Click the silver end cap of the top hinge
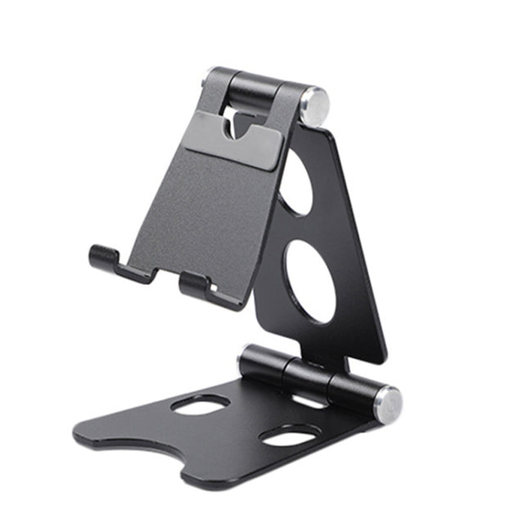pos(314,104)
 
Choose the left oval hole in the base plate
pos(201,404)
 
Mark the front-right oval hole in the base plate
pos(291,436)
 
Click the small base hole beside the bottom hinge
pos(309,401)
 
